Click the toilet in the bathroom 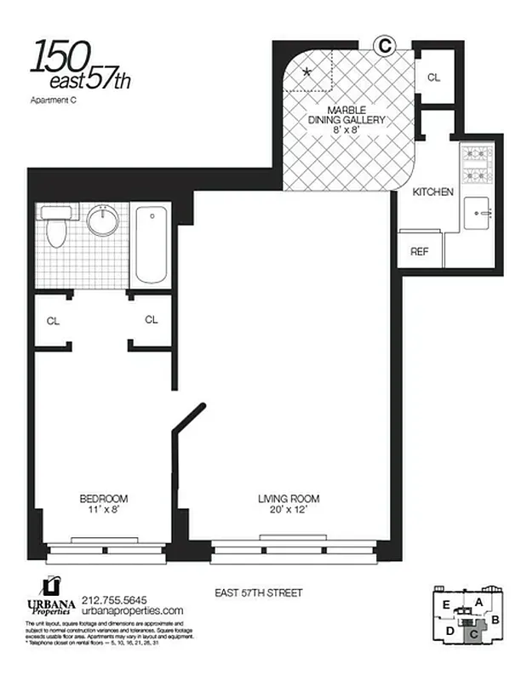click(56, 228)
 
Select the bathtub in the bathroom click(150, 243)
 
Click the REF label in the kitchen click(419, 251)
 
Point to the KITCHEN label click(432, 192)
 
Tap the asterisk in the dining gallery click(307, 73)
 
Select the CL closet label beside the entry click(433, 77)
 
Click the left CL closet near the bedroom click(53, 321)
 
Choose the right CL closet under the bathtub click(151, 320)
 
